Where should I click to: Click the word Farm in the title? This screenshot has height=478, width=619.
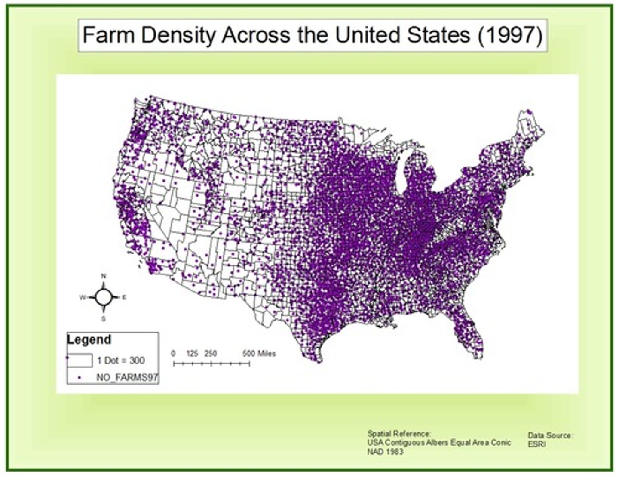(109, 35)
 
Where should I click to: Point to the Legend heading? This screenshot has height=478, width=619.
(89, 339)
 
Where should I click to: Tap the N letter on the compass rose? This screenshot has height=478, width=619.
(104, 276)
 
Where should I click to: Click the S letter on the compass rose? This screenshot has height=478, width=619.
(103, 319)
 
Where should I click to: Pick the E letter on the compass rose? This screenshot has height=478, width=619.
(125, 297)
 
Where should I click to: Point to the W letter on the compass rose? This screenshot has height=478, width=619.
(82, 297)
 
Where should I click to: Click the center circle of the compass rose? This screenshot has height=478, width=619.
(104, 297)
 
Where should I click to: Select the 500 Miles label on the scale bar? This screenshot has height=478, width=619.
(259, 354)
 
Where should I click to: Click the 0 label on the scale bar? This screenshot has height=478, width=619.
(173, 354)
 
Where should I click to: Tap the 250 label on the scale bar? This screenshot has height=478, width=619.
(210, 354)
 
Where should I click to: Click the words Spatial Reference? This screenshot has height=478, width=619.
(398, 434)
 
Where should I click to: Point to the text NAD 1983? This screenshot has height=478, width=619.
(385, 451)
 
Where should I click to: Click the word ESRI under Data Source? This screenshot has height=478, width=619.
(537, 444)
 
